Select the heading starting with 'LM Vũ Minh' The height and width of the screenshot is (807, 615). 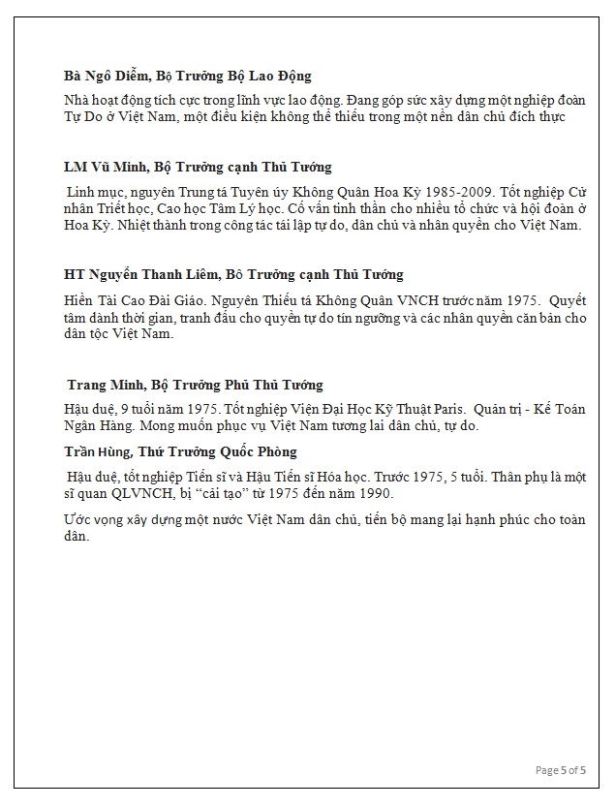198,167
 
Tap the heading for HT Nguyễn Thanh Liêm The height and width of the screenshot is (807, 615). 233,274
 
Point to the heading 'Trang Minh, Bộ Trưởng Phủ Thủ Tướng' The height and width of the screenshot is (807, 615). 195,385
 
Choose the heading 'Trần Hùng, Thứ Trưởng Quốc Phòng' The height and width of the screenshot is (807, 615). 180,451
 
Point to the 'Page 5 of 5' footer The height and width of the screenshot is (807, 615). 561,770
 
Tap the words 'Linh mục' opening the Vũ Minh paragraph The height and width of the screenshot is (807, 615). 96,193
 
